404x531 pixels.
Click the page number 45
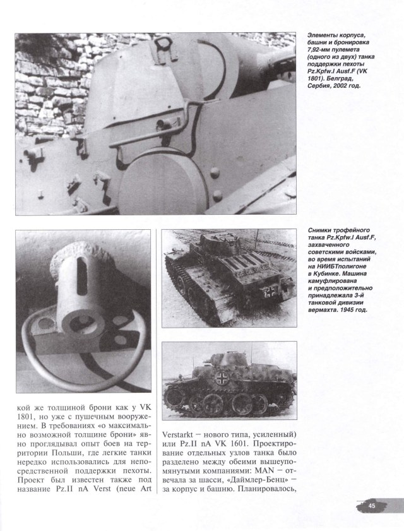[372, 504]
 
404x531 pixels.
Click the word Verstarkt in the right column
[183, 433]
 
